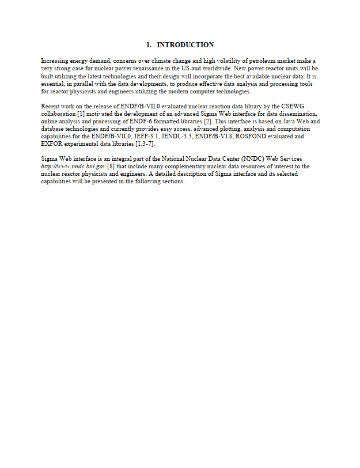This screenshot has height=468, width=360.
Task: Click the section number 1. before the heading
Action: pyautogui.click(x=149, y=45)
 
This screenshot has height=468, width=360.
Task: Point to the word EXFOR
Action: pyautogui.click(x=52, y=144)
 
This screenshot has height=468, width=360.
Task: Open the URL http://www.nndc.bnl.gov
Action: pyautogui.click(x=73, y=167)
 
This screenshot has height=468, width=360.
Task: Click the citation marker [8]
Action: pyautogui.click(x=111, y=167)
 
